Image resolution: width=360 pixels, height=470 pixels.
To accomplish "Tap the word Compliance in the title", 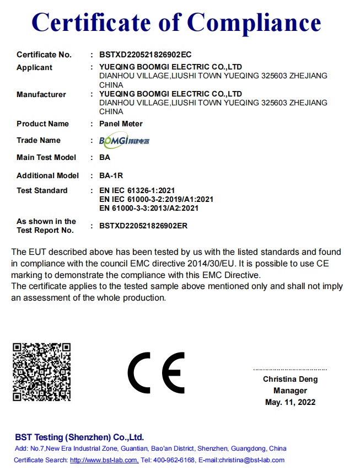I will pos(254,23).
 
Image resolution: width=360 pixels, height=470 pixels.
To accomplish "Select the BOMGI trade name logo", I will pos(124,141).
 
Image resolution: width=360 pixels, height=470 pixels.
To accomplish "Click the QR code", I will pos(42,372).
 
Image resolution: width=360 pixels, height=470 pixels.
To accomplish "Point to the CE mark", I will pos(156,372).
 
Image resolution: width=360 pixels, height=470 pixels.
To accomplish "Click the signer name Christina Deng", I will pos(290,379).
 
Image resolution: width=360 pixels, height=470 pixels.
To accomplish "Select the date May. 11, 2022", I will pos(290,402).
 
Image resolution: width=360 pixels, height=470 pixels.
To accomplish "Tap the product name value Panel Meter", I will pos(121,124).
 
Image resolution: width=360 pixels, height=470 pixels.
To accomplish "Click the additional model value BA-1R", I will pos(111,175).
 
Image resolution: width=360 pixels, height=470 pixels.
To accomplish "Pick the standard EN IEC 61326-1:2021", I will pos(137,190).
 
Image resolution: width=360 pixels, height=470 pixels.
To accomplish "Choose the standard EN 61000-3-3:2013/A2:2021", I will pos(149,208).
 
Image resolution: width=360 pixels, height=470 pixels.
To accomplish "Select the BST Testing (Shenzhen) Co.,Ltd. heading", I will pos(79,437).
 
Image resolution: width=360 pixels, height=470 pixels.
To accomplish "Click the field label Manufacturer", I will pos(41,94).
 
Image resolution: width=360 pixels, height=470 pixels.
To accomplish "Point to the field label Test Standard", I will pos(42,190).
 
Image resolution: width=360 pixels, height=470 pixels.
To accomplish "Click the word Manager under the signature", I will pos(290,391).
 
